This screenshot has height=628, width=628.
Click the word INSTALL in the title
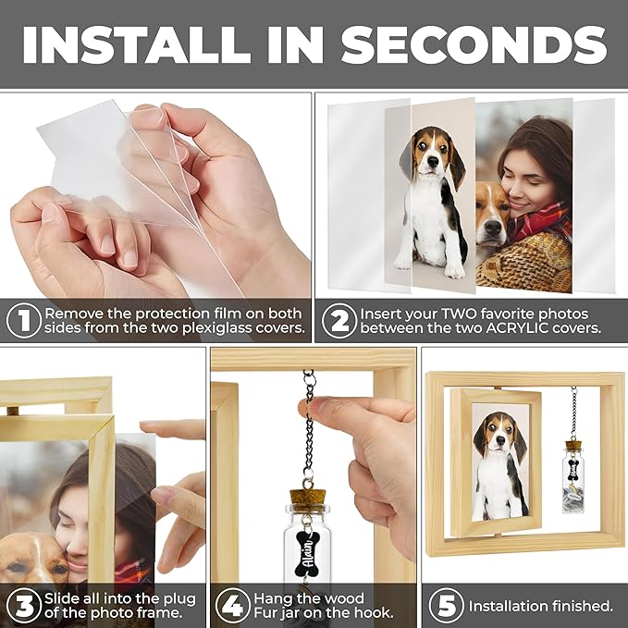pos(137,44)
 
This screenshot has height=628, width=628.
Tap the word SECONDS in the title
pos(474,44)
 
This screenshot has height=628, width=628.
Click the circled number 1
pos(24,321)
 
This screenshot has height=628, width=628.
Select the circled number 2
pos(339,321)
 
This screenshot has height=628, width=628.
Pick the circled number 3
pos(24,606)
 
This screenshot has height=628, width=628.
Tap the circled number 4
pos(233,606)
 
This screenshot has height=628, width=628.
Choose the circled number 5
pos(446,606)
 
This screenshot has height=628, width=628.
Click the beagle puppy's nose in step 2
pos(433,162)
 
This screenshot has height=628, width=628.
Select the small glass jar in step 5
pos(573,476)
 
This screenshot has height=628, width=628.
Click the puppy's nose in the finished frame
pos(500,440)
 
